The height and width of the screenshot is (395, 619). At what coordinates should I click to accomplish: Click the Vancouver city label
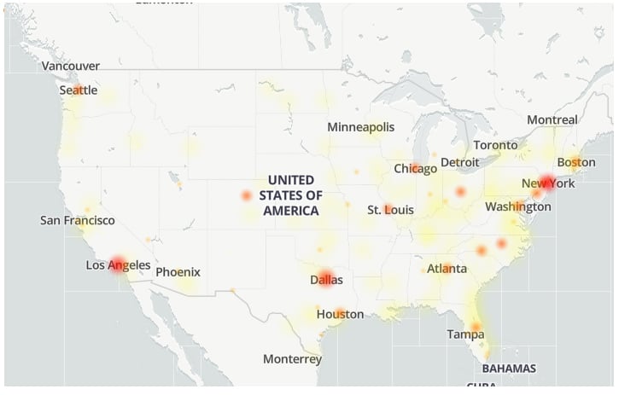coord(71,66)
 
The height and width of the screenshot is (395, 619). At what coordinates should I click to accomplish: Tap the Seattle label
coord(79,90)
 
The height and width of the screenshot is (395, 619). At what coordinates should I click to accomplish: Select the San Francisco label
coord(78,221)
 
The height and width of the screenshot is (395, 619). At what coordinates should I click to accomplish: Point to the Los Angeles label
coord(118,265)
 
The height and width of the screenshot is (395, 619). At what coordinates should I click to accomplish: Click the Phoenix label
coord(178,272)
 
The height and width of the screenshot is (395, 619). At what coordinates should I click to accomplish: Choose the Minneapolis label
coord(361,127)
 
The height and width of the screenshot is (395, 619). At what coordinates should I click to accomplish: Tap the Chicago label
coord(415,169)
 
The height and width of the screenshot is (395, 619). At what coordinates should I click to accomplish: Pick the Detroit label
coord(460,162)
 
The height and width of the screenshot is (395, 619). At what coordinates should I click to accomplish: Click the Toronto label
coord(495,145)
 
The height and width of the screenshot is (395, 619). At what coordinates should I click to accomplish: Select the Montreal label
coord(552,120)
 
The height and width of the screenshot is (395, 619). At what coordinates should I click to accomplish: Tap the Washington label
coord(517,206)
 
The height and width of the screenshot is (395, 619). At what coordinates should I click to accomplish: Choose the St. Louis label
coord(391,210)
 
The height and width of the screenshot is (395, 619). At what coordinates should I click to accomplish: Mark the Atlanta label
coord(447,269)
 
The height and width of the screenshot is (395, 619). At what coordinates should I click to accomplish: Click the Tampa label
coord(465,334)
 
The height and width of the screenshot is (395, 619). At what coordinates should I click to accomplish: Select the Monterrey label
coord(292,359)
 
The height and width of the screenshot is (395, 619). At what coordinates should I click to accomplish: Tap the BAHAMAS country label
coord(509,369)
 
